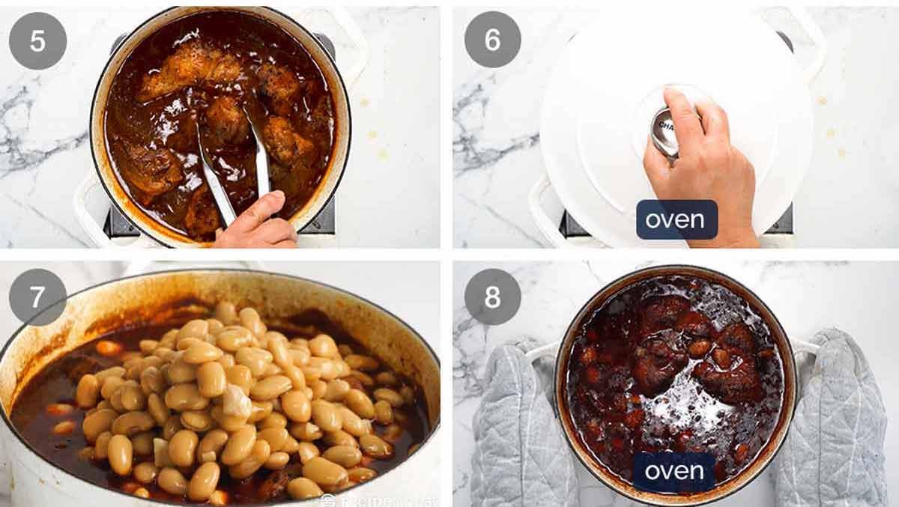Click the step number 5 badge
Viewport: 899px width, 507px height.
click(x=37, y=40)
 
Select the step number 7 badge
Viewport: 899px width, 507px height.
click(x=37, y=297)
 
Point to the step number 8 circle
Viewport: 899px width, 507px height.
click(x=492, y=297)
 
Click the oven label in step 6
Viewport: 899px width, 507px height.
click(x=676, y=220)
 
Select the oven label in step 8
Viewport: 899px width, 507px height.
click(x=674, y=471)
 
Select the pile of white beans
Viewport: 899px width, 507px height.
click(x=240, y=397)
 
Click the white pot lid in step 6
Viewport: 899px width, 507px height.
click(x=599, y=112)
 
